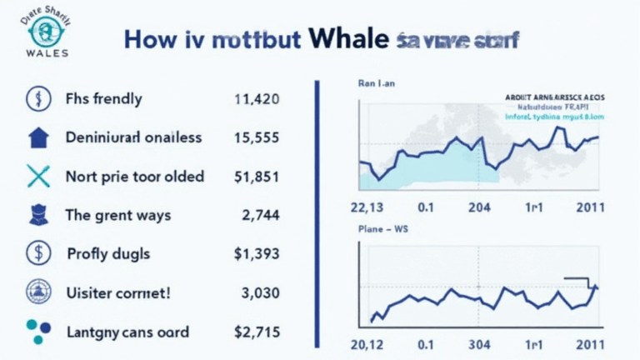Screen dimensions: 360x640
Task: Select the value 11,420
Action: (x=257, y=99)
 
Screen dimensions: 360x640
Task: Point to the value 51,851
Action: (x=257, y=177)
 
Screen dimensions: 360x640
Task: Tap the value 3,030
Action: (x=262, y=292)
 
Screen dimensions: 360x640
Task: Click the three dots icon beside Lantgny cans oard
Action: (x=38, y=331)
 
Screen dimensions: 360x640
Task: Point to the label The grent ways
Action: (x=117, y=215)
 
